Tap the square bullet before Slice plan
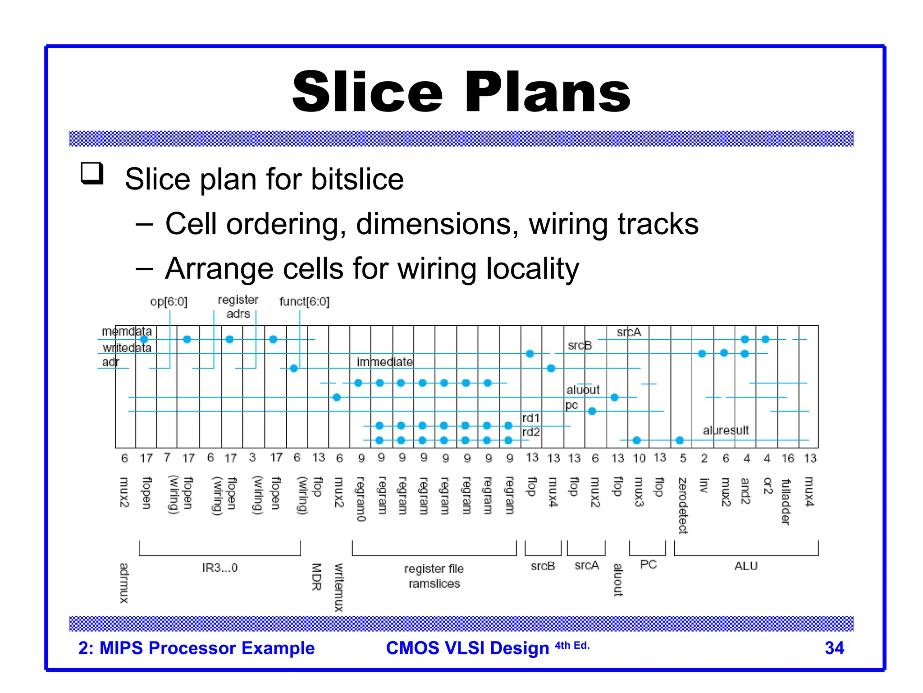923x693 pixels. pos(92,173)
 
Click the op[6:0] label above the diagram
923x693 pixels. pos(169,301)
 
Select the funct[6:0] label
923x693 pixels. pos(304,301)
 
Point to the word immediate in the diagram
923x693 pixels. pos(384,362)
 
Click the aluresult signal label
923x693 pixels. pos(726,430)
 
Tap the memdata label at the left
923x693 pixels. pos(127,332)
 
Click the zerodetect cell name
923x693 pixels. pos(683,505)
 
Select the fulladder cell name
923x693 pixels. pos(786,501)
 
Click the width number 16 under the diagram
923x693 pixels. pos(787,458)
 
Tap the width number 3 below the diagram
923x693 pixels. pos(252,457)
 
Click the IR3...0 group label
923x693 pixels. pos(219,568)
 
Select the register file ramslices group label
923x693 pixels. pos(434,576)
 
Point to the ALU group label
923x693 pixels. pos(746,566)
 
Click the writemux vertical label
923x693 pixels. pos(338,587)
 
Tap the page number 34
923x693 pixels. pos(834,648)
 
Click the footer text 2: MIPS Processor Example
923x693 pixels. pos(196,648)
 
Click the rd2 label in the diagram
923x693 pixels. pos(531,432)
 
